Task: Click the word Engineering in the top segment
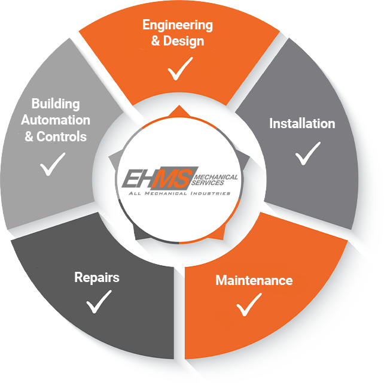click(x=177, y=26)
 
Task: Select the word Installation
click(x=302, y=124)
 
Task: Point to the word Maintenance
click(x=254, y=280)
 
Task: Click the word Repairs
click(x=97, y=277)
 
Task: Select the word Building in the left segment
click(x=56, y=104)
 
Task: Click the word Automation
click(x=56, y=120)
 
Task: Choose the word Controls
click(x=62, y=137)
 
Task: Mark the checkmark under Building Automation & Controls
click(x=52, y=165)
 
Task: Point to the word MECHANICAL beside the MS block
click(x=218, y=177)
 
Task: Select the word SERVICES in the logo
click(x=210, y=183)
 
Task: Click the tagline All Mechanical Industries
click(x=179, y=193)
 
